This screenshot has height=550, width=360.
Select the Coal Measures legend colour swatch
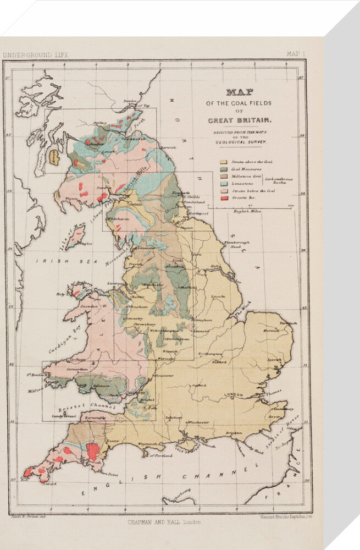coord(223,170)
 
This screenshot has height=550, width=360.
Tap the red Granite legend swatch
coord(223,198)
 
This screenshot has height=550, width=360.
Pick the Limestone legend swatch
coord(223,184)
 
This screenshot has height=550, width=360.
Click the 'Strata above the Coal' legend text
coord(250,163)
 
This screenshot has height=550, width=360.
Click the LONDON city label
coord(234,395)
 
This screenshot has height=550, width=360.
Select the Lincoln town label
coord(218,296)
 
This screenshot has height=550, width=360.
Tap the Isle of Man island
coord(76,237)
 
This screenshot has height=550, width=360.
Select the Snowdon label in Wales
coord(75,306)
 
